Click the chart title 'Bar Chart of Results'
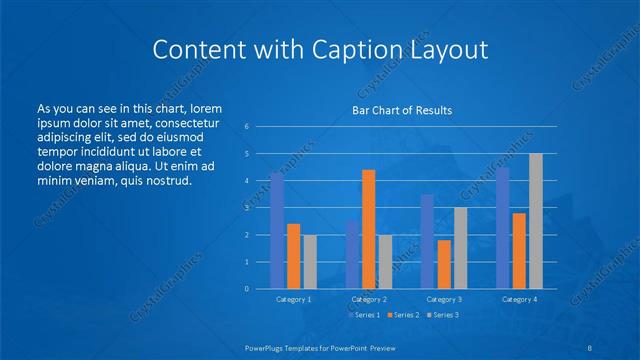(x=401, y=109)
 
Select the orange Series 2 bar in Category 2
(x=369, y=229)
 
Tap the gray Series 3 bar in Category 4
(x=536, y=221)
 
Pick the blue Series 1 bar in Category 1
(x=277, y=230)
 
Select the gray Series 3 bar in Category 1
(x=310, y=261)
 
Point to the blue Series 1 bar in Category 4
(x=502, y=228)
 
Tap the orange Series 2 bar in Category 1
(x=293, y=256)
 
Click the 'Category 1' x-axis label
(x=293, y=299)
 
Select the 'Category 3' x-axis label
(x=444, y=299)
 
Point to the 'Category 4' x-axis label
(x=519, y=299)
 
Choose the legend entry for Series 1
(x=364, y=315)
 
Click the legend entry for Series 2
(x=402, y=315)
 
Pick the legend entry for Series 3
(x=441, y=315)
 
